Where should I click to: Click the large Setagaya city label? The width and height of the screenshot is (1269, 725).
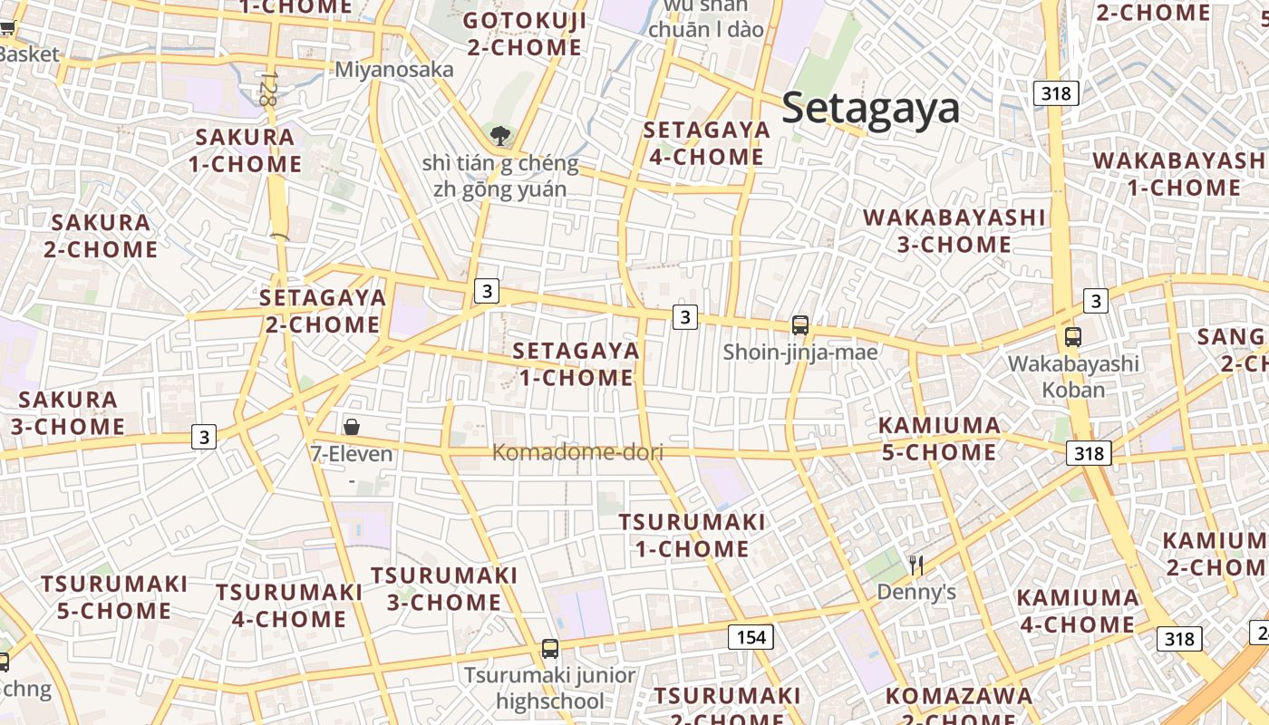870,109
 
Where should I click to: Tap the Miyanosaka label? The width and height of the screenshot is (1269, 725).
394,70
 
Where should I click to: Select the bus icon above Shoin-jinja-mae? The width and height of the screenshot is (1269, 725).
800,325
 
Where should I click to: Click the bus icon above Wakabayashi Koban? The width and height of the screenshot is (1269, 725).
1073,337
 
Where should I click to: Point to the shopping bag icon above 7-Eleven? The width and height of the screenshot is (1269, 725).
352,426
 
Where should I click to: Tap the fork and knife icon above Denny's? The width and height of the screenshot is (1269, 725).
916,566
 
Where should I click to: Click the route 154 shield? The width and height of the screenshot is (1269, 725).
751,637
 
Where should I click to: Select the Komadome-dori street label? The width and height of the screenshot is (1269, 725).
577,452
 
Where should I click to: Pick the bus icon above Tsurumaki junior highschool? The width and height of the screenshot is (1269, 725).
550,649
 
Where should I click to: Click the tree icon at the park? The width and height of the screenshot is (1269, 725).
499,137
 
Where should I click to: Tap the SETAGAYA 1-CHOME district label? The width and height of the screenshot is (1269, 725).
576,363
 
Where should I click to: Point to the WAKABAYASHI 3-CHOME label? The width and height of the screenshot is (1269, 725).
954,230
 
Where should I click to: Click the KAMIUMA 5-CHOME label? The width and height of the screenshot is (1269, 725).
939,438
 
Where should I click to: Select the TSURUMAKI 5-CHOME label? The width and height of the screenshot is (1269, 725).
114,596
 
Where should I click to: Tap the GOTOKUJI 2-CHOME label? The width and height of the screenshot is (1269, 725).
525,34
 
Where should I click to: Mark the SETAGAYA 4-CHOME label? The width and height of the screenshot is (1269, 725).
707,142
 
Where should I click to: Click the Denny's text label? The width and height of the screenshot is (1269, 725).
916,593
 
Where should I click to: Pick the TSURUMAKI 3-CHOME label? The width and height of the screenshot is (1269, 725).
444,588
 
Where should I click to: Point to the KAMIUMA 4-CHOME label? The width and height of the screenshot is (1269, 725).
1078,611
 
